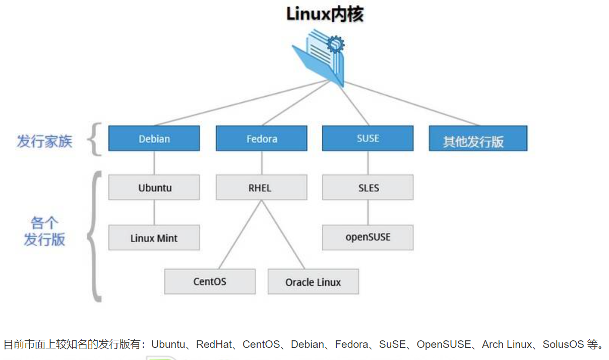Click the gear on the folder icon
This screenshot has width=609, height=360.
pyautogui.click(x=335, y=44)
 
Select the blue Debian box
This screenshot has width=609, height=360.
pyautogui.click(x=154, y=139)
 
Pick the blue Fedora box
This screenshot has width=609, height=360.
pyautogui.click(x=261, y=139)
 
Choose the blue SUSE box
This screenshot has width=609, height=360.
pyautogui.click(x=368, y=138)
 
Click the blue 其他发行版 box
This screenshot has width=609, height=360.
pyautogui.click(x=477, y=139)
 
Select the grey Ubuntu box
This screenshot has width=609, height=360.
pyautogui.click(x=154, y=188)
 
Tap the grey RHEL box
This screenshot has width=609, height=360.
pyautogui.click(x=261, y=188)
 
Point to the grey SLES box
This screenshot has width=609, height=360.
pyautogui.click(x=368, y=188)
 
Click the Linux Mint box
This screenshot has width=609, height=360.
pyautogui.click(x=154, y=237)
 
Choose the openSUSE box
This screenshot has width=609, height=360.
pyautogui.click(x=368, y=237)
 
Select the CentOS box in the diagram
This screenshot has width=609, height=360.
pyautogui.click(x=210, y=281)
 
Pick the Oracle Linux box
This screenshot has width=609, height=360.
pyautogui.click(x=313, y=282)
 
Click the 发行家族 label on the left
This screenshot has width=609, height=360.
pyautogui.click(x=44, y=141)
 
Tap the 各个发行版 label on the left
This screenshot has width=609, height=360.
pyautogui.click(x=44, y=231)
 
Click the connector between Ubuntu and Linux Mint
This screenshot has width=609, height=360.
pyautogui.click(x=154, y=212)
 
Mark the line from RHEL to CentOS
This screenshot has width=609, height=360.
pyautogui.click(x=240, y=234)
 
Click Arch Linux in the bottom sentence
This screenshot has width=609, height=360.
pyautogui.click(x=507, y=345)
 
